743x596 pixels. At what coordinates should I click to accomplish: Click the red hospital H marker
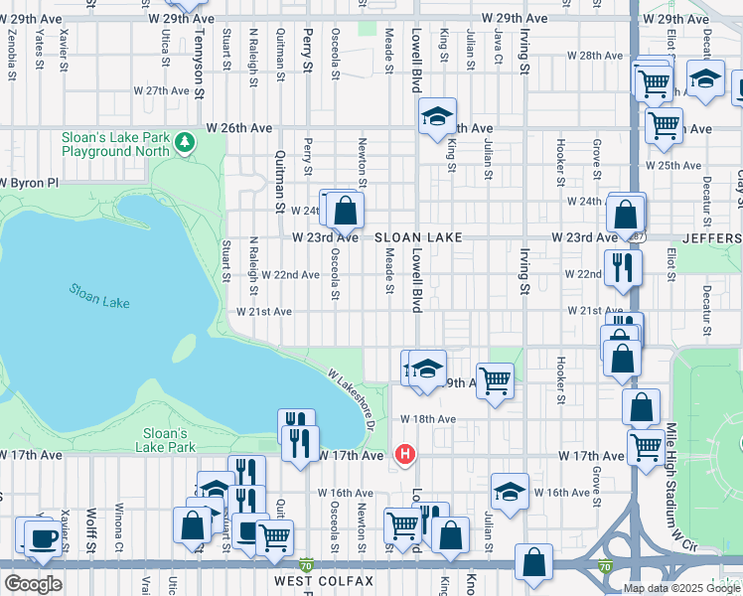click(404, 455)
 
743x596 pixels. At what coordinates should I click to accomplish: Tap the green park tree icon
click(184, 144)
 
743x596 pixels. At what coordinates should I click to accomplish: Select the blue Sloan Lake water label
click(98, 296)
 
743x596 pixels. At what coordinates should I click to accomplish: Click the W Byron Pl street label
click(30, 183)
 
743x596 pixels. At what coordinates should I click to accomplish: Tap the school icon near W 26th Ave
click(436, 117)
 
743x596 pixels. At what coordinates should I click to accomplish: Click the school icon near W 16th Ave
click(510, 491)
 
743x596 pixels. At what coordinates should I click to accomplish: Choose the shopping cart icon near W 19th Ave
click(495, 378)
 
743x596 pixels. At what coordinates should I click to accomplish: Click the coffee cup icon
click(41, 537)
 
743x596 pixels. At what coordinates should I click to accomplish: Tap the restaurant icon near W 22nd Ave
click(622, 266)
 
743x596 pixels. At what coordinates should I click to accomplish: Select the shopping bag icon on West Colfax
click(533, 561)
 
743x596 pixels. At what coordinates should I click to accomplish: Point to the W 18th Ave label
click(428, 420)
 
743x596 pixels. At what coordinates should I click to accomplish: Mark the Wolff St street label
click(90, 530)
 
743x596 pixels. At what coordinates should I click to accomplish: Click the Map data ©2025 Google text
click(681, 588)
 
